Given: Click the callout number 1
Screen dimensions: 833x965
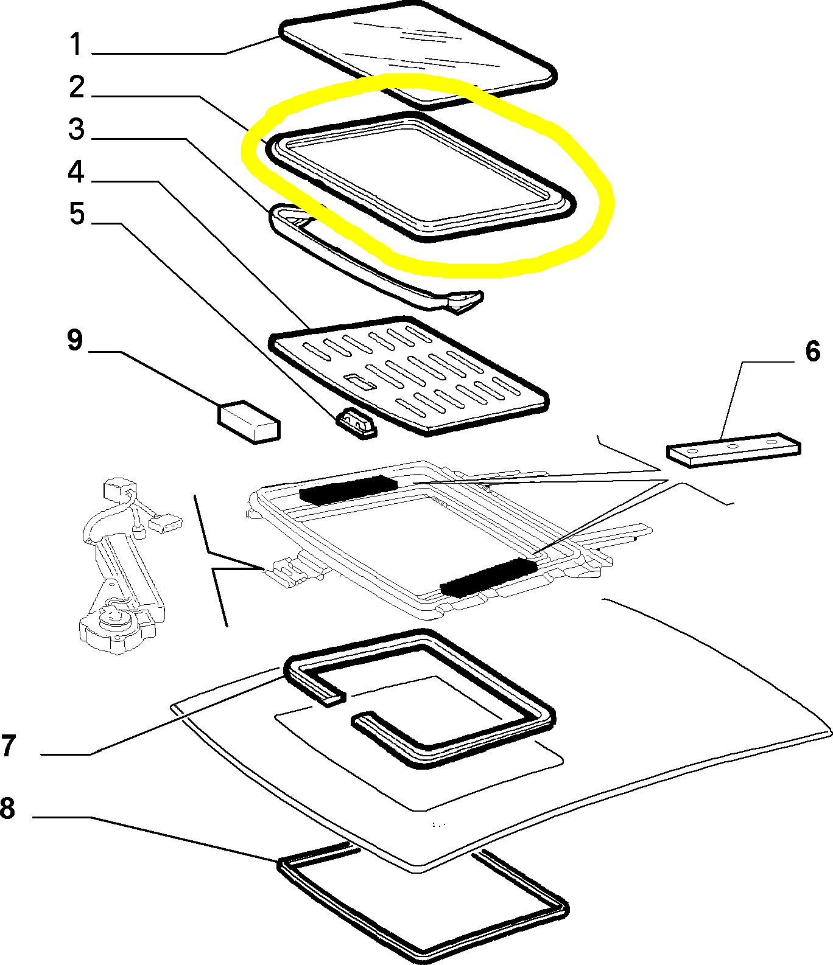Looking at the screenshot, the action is pyautogui.click(x=76, y=44).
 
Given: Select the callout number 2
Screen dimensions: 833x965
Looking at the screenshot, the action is pyautogui.click(x=77, y=87).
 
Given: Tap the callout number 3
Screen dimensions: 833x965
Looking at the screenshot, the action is pyautogui.click(x=76, y=129).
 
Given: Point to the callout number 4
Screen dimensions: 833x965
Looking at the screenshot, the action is pyautogui.click(x=76, y=172).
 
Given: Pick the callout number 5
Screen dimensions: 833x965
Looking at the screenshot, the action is pyautogui.click(x=77, y=214).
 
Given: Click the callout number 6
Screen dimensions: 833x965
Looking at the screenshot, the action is pyautogui.click(x=813, y=351).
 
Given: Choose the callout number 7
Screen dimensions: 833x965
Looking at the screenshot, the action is pyautogui.click(x=8, y=746).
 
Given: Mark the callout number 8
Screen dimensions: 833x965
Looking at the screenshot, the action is pyautogui.click(x=7, y=809).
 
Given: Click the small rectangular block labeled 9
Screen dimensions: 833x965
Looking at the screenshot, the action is pyautogui.click(x=249, y=420).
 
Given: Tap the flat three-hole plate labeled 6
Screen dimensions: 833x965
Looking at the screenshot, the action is pyautogui.click(x=734, y=449).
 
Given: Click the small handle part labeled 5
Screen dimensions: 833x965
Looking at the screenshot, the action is pyautogui.click(x=356, y=423).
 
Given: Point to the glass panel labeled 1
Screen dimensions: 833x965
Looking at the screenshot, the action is pyautogui.click(x=418, y=52).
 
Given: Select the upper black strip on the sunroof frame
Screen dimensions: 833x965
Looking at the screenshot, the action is pyautogui.click(x=348, y=489).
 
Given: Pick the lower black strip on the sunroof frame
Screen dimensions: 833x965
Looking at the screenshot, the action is pyautogui.click(x=488, y=577).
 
